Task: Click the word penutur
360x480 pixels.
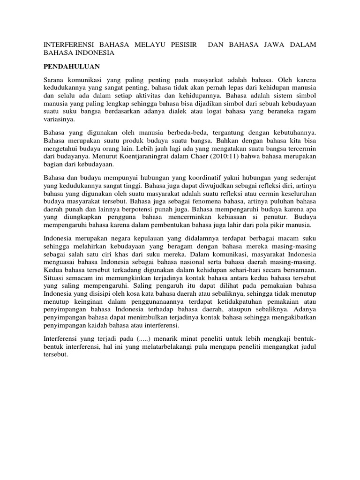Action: [x=276, y=217]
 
